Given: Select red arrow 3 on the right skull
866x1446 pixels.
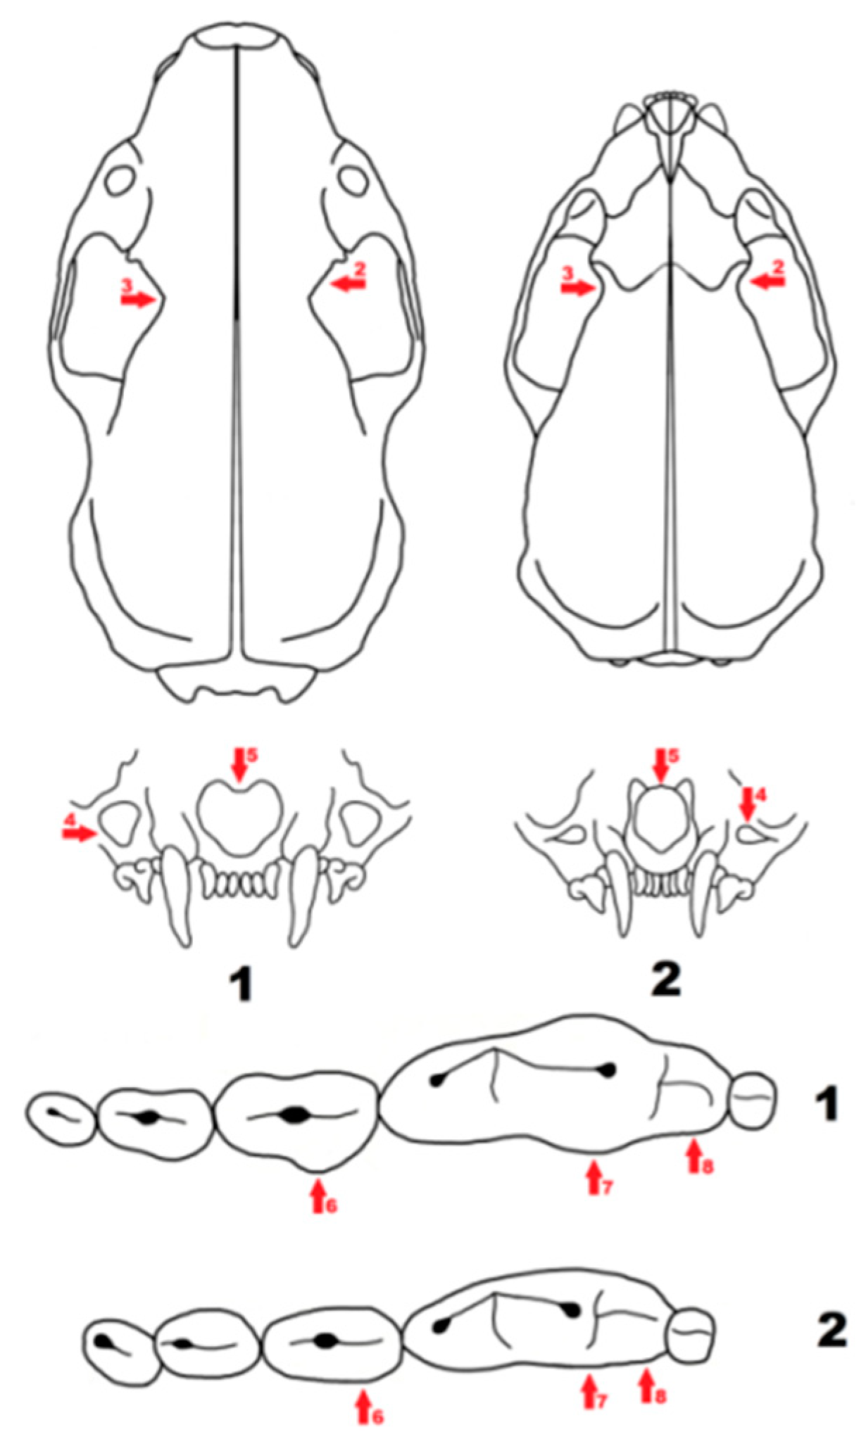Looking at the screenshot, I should click(x=578, y=288).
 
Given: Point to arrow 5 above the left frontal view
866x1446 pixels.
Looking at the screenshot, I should click(x=239, y=766).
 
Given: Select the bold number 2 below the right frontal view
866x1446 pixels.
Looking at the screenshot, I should click(x=665, y=978).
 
